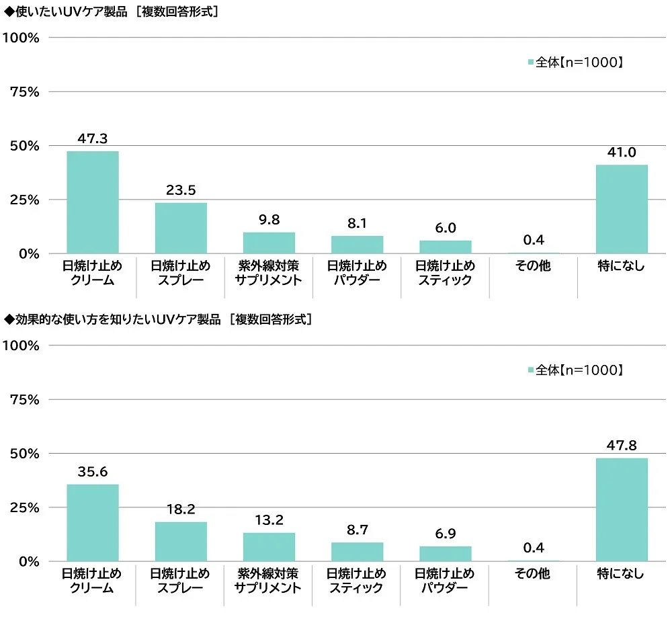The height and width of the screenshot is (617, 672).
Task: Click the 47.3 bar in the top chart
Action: click(93, 202)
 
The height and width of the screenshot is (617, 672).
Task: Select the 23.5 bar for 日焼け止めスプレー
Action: click(181, 229)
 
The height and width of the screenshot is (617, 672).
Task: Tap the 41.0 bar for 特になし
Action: click(622, 209)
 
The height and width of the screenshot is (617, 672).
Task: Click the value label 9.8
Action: click(269, 219)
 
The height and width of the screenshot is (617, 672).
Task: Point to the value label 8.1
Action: click(357, 223)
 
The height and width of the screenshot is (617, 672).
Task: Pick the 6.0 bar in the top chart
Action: click(446, 247)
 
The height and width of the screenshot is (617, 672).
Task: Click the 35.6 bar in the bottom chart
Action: click(93, 523)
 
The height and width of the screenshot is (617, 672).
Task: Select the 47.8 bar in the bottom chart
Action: click(622, 509)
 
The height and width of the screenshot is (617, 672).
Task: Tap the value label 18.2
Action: click(181, 509)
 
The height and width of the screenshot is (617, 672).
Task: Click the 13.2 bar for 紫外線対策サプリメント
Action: click(269, 547)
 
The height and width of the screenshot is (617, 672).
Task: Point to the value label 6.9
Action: click(446, 533)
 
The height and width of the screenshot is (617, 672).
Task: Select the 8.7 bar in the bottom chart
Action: click(357, 552)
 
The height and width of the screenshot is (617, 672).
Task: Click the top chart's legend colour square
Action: click(531, 63)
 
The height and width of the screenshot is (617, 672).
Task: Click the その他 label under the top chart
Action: click(534, 266)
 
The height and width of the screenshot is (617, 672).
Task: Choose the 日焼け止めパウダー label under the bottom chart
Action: click(446, 581)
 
